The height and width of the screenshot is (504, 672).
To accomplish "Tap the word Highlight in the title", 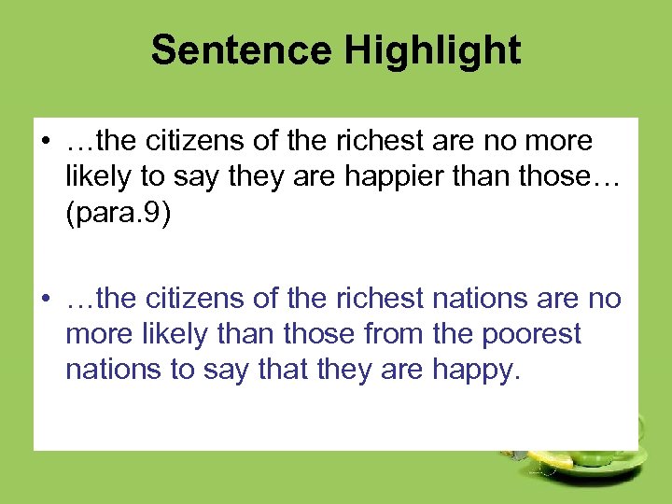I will click(432, 49).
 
